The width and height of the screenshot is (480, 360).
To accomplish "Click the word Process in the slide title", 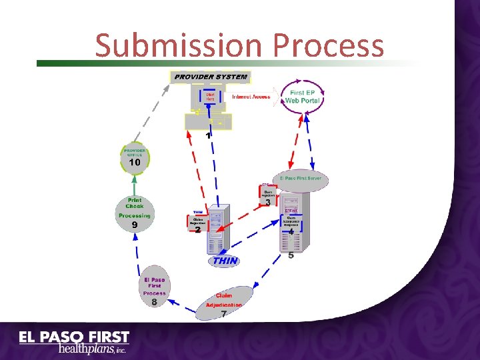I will click(x=329, y=45).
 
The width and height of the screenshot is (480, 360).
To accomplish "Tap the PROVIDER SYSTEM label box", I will click(x=211, y=77).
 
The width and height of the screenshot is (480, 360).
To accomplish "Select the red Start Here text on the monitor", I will click(x=210, y=97).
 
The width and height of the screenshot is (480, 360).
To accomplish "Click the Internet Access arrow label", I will click(x=251, y=97).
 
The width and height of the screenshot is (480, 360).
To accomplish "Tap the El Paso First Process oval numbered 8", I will click(x=154, y=290).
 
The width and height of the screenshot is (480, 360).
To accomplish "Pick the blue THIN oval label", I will click(x=225, y=261).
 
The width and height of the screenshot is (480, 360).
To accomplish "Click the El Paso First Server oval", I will click(x=301, y=179).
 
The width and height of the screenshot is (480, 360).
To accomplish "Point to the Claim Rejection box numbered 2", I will click(x=198, y=223).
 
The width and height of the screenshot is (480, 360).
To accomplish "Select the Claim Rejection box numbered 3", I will click(x=267, y=194).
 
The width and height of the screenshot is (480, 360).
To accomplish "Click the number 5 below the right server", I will click(x=291, y=255).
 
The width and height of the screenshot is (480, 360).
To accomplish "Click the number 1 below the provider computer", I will click(x=208, y=135).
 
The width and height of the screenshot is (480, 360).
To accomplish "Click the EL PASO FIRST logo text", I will click(x=74, y=337).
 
